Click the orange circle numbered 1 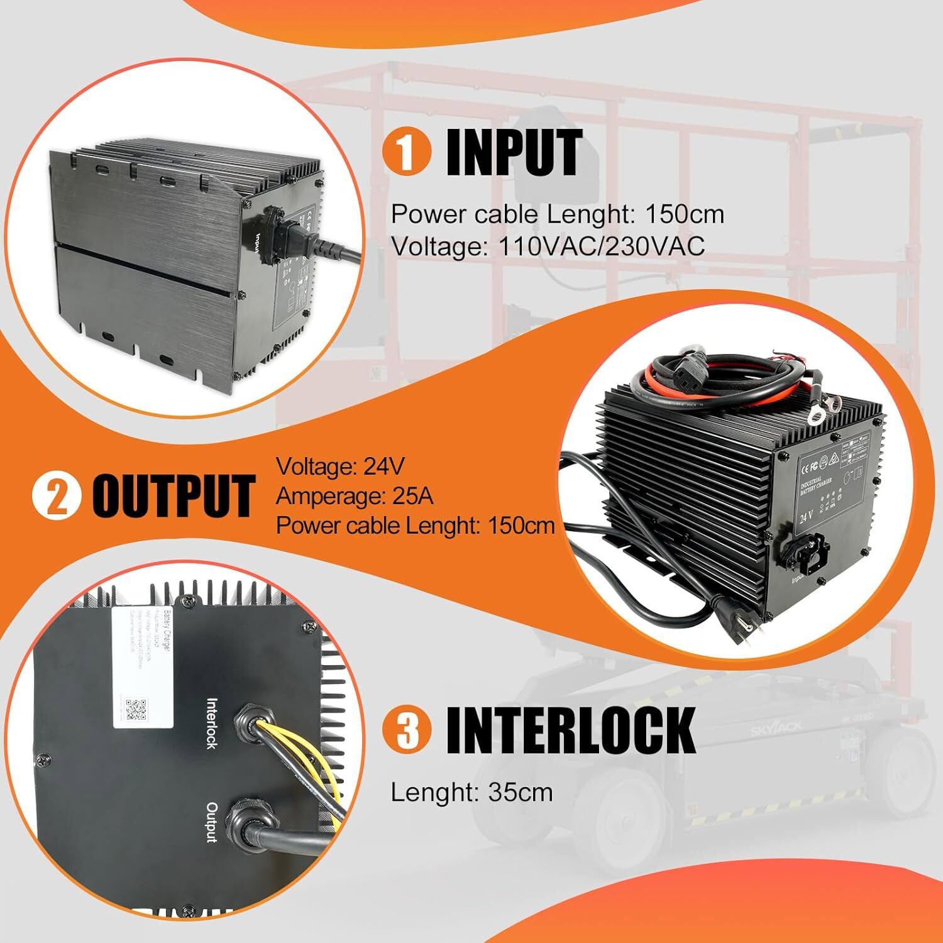click(x=407, y=153)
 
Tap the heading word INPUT click(x=514, y=153)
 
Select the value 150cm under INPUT click(x=685, y=214)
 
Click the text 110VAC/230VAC click(x=601, y=246)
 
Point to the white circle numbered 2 click(x=57, y=496)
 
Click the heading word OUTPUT click(x=174, y=496)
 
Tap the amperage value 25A click(x=412, y=496)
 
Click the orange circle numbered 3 click(x=407, y=729)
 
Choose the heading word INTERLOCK click(x=570, y=729)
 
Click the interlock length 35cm click(x=520, y=792)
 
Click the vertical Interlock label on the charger click(x=212, y=723)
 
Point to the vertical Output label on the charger click(x=212, y=822)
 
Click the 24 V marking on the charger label click(x=806, y=518)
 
